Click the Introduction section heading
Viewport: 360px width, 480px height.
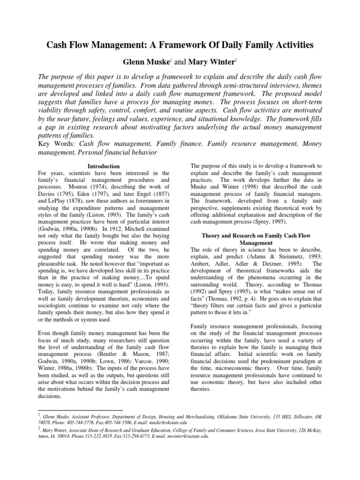coord(104,166)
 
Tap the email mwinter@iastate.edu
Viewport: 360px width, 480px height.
coord(187,435)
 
